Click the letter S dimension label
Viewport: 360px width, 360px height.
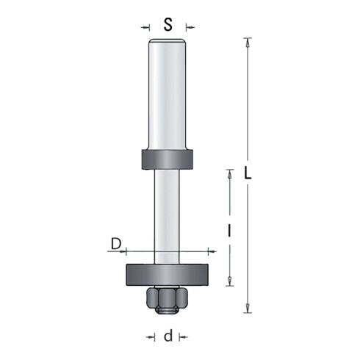[x=168, y=25]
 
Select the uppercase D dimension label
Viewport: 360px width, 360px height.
[x=116, y=244]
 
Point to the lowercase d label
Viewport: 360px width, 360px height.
[x=168, y=336]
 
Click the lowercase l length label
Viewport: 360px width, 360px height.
[x=229, y=231]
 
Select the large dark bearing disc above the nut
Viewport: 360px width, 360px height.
[x=168, y=275]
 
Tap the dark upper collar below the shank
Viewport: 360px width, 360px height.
[x=168, y=159]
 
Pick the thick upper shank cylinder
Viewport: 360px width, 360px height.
[x=168, y=94]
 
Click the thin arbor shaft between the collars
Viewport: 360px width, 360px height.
[x=167, y=217]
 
